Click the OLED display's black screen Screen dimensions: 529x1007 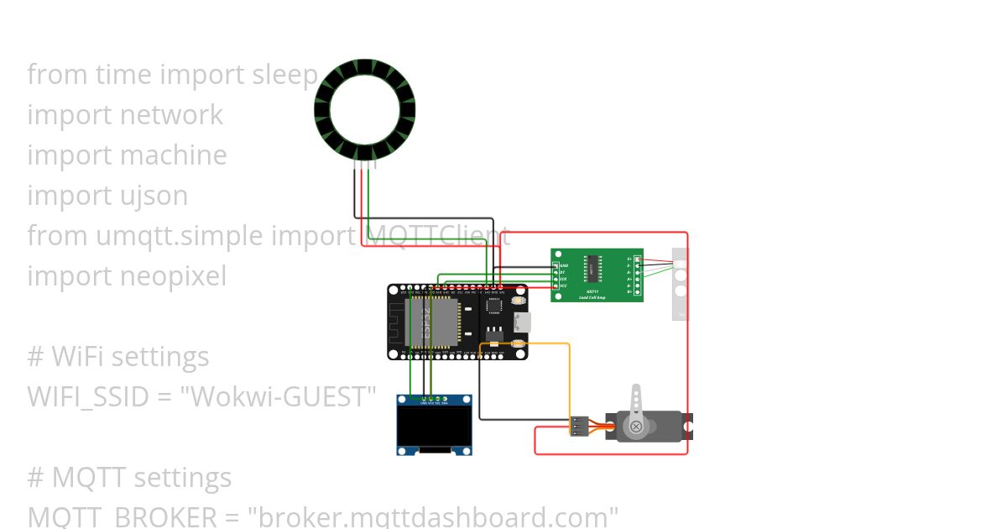point(434,428)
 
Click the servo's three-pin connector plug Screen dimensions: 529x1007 point(578,426)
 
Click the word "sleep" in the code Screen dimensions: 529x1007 point(284,75)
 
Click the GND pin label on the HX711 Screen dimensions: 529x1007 point(564,265)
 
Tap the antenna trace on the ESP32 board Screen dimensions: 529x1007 point(397,322)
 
